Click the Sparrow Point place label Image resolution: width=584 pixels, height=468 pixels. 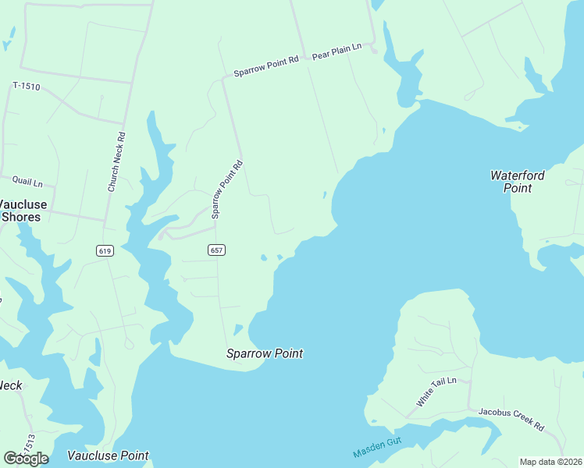(x=264, y=353)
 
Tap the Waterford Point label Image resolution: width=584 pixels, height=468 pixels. (x=517, y=181)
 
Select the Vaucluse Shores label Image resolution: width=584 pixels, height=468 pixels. (x=22, y=211)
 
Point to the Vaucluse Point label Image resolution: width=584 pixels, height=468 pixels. (x=108, y=456)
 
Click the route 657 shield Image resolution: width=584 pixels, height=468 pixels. (x=217, y=250)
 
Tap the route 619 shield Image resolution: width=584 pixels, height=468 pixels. (x=105, y=250)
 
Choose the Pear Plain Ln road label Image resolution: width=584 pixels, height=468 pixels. (x=337, y=52)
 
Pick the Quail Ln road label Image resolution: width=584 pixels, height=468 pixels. (x=26, y=183)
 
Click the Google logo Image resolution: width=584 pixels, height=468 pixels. (x=26, y=458)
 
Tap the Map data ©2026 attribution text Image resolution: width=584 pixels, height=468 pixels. (x=550, y=462)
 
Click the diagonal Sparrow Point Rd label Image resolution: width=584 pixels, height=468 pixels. (x=227, y=189)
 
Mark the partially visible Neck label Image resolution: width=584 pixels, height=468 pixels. (x=9, y=385)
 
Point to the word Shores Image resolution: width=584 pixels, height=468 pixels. (x=21, y=217)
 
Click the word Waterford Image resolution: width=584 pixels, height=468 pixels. (x=517, y=175)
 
